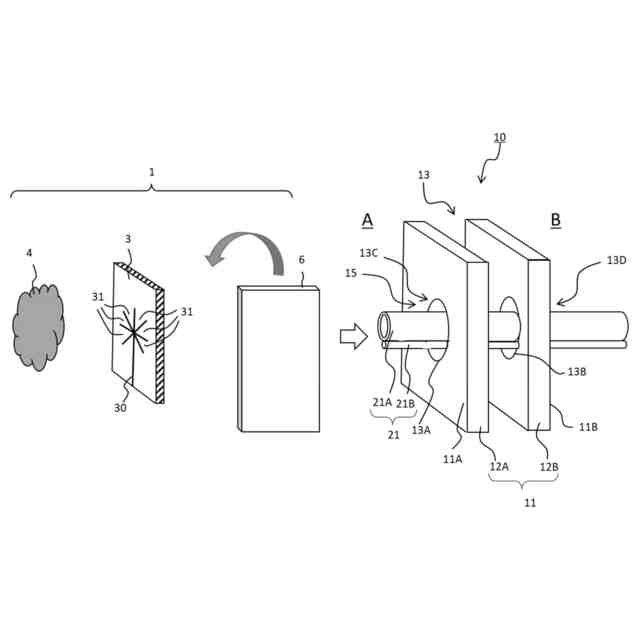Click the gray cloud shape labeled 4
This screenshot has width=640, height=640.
(x=39, y=326)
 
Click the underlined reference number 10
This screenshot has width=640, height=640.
(x=500, y=138)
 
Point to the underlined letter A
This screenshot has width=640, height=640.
(x=367, y=220)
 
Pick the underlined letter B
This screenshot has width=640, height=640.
(x=555, y=220)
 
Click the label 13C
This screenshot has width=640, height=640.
(x=369, y=253)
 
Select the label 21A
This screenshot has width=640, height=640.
(x=382, y=402)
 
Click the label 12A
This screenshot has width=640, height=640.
(x=499, y=466)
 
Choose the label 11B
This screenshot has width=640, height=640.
(x=589, y=426)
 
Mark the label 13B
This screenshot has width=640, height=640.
(x=576, y=372)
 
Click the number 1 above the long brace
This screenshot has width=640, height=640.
(x=152, y=172)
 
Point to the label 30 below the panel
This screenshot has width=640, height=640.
(x=120, y=408)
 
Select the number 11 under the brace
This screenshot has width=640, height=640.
(x=530, y=502)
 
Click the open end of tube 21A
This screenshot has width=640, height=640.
(x=385, y=327)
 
